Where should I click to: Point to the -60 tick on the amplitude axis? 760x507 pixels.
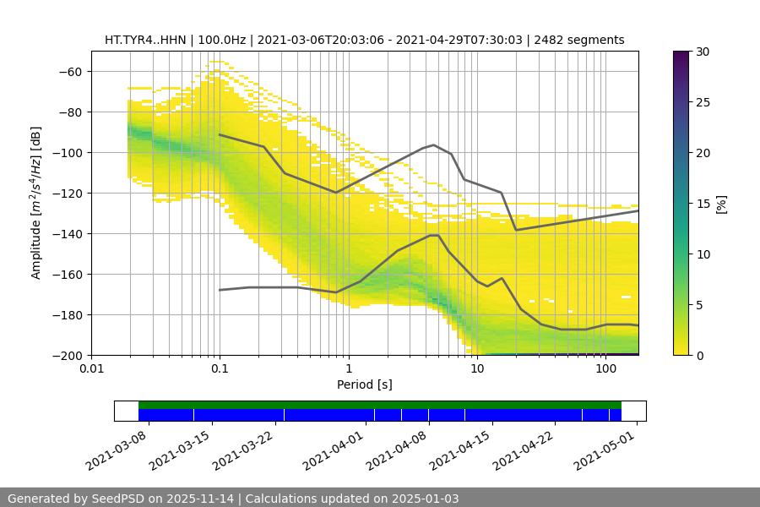70,72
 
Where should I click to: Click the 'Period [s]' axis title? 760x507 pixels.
365,384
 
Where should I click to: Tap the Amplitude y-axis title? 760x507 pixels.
36,203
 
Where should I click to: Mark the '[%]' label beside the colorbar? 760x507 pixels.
721,203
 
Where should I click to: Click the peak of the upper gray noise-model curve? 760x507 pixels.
434,144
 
